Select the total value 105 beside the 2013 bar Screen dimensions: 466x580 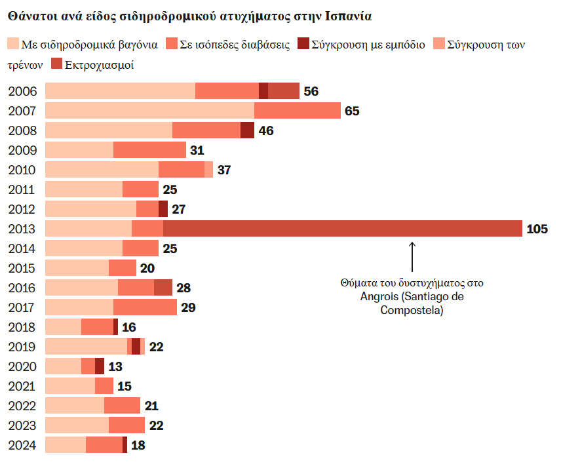tap(537, 229)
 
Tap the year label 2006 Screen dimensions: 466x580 tap(22, 91)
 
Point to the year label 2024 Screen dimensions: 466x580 tap(22, 445)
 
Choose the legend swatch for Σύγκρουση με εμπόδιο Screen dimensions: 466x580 tap(303, 45)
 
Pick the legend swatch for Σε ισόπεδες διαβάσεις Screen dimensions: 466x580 tap(172, 45)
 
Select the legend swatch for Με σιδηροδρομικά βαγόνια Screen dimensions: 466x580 tap(13, 45)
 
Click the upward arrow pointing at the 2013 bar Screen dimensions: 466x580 tap(412, 256)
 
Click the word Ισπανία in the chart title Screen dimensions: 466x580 tap(352, 14)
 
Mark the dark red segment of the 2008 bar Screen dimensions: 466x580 tap(247, 130)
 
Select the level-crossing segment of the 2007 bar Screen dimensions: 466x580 tap(297, 111)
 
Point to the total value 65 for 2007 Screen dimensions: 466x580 tap(352, 111)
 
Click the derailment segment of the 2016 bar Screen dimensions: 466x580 tap(163, 288)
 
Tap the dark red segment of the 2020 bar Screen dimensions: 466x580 tap(100, 366)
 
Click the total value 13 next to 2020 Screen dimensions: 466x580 tap(115, 366)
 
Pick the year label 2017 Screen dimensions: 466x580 tap(22, 307)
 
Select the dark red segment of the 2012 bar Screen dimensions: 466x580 tap(163, 209)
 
